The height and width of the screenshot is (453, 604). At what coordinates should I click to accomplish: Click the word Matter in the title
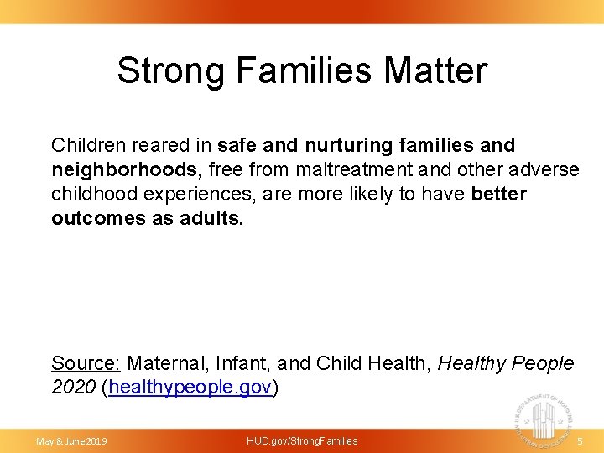[x=435, y=70]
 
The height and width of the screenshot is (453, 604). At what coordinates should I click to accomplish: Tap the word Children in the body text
[x=90, y=146]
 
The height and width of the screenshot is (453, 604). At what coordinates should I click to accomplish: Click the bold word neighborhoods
[x=127, y=170]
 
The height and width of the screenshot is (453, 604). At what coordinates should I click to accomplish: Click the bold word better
[x=499, y=195]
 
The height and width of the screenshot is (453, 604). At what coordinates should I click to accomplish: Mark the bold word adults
[x=211, y=219]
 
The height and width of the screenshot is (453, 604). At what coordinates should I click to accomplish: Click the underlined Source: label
[x=86, y=363]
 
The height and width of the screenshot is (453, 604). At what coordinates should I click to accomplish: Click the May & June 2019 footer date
[x=71, y=440]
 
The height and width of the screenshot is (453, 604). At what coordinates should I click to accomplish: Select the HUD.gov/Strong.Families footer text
[x=302, y=440]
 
